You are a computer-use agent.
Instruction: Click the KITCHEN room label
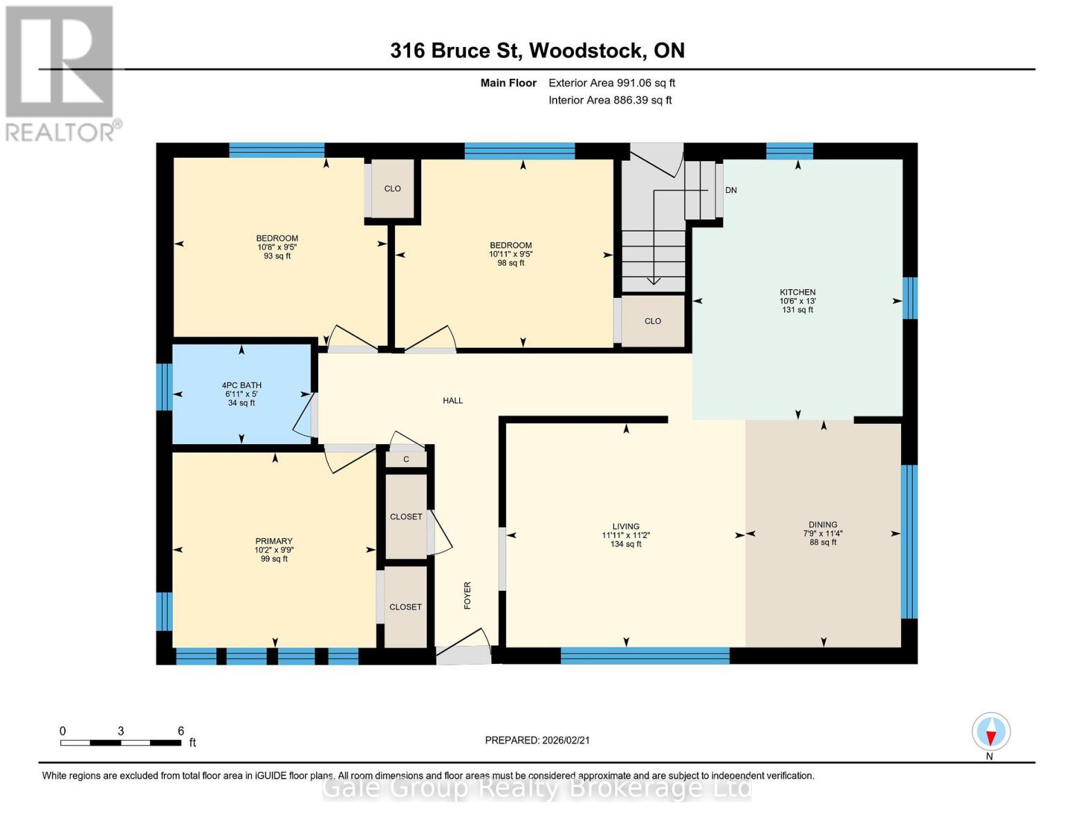pyautogui.click(x=797, y=293)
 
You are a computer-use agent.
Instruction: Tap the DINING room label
pyautogui.click(x=822, y=525)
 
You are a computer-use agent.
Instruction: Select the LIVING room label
pyautogui.click(x=625, y=526)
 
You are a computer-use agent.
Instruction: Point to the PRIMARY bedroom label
pyautogui.click(x=274, y=542)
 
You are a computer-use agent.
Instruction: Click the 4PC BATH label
pyautogui.click(x=241, y=386)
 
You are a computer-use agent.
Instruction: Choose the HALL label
pyautogui.click(x=453, y=400)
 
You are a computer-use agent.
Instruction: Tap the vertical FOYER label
pyautogui.click(x=467, y=596)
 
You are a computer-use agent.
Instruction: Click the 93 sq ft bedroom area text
pyautogui.click(x=277, y=256)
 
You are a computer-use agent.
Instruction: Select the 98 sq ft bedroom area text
pyautogui.click(x=510, y=263)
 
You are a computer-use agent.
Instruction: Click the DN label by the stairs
pyautogui.click(x=731, y=190)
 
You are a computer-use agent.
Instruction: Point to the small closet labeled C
pyautogui.click(x=406, y=459)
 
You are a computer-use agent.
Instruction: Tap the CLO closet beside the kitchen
pyautogui.click(x=652, y=321)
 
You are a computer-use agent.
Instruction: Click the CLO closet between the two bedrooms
pyautogui.click(x=392, y=189)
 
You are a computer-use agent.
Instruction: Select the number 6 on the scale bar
pyautogui.click(x=180, y=731)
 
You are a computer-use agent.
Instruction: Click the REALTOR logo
pyautogui.click(x=60, y=73)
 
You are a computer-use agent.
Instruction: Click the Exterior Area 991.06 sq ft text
pyautogui.click(x=611, y=83)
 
